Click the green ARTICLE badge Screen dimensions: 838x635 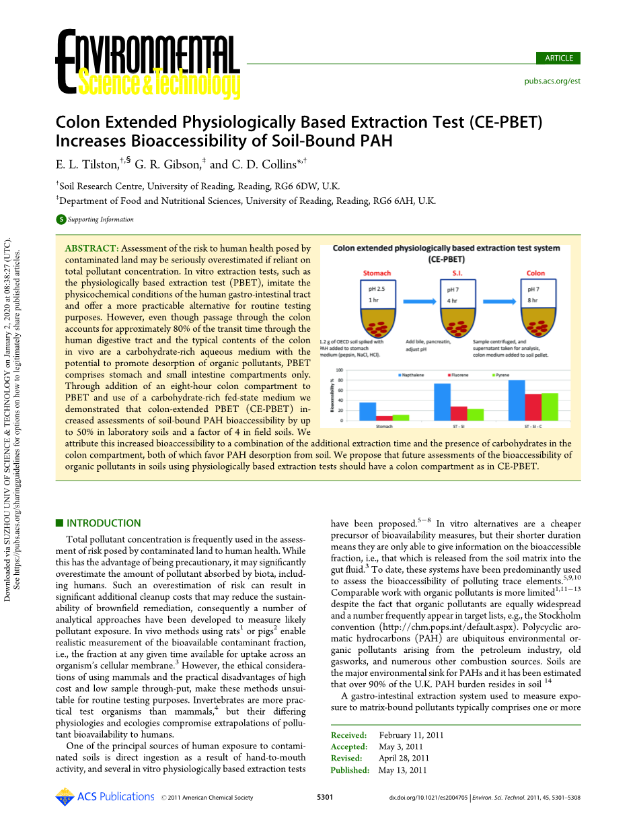pyautogui.click(x=558, y=58)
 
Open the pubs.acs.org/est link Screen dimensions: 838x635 pyautogui.click(x=552, y=81)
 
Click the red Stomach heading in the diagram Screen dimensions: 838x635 pyautogui.click(x=377, y=273)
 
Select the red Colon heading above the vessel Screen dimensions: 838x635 pyautogui.click(x=535, y=273)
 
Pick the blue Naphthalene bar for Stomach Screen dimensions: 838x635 pyautogui.click(x=367, y=411)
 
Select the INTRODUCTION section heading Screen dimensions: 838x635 pyautogui.click(x=104, y=523)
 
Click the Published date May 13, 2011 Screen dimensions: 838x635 pyautogui.click(x=402, y=770)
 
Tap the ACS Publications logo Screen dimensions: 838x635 pyautogui.click(x=105, y=797)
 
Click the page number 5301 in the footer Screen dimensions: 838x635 pyautogui.click(x=325, y=798)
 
